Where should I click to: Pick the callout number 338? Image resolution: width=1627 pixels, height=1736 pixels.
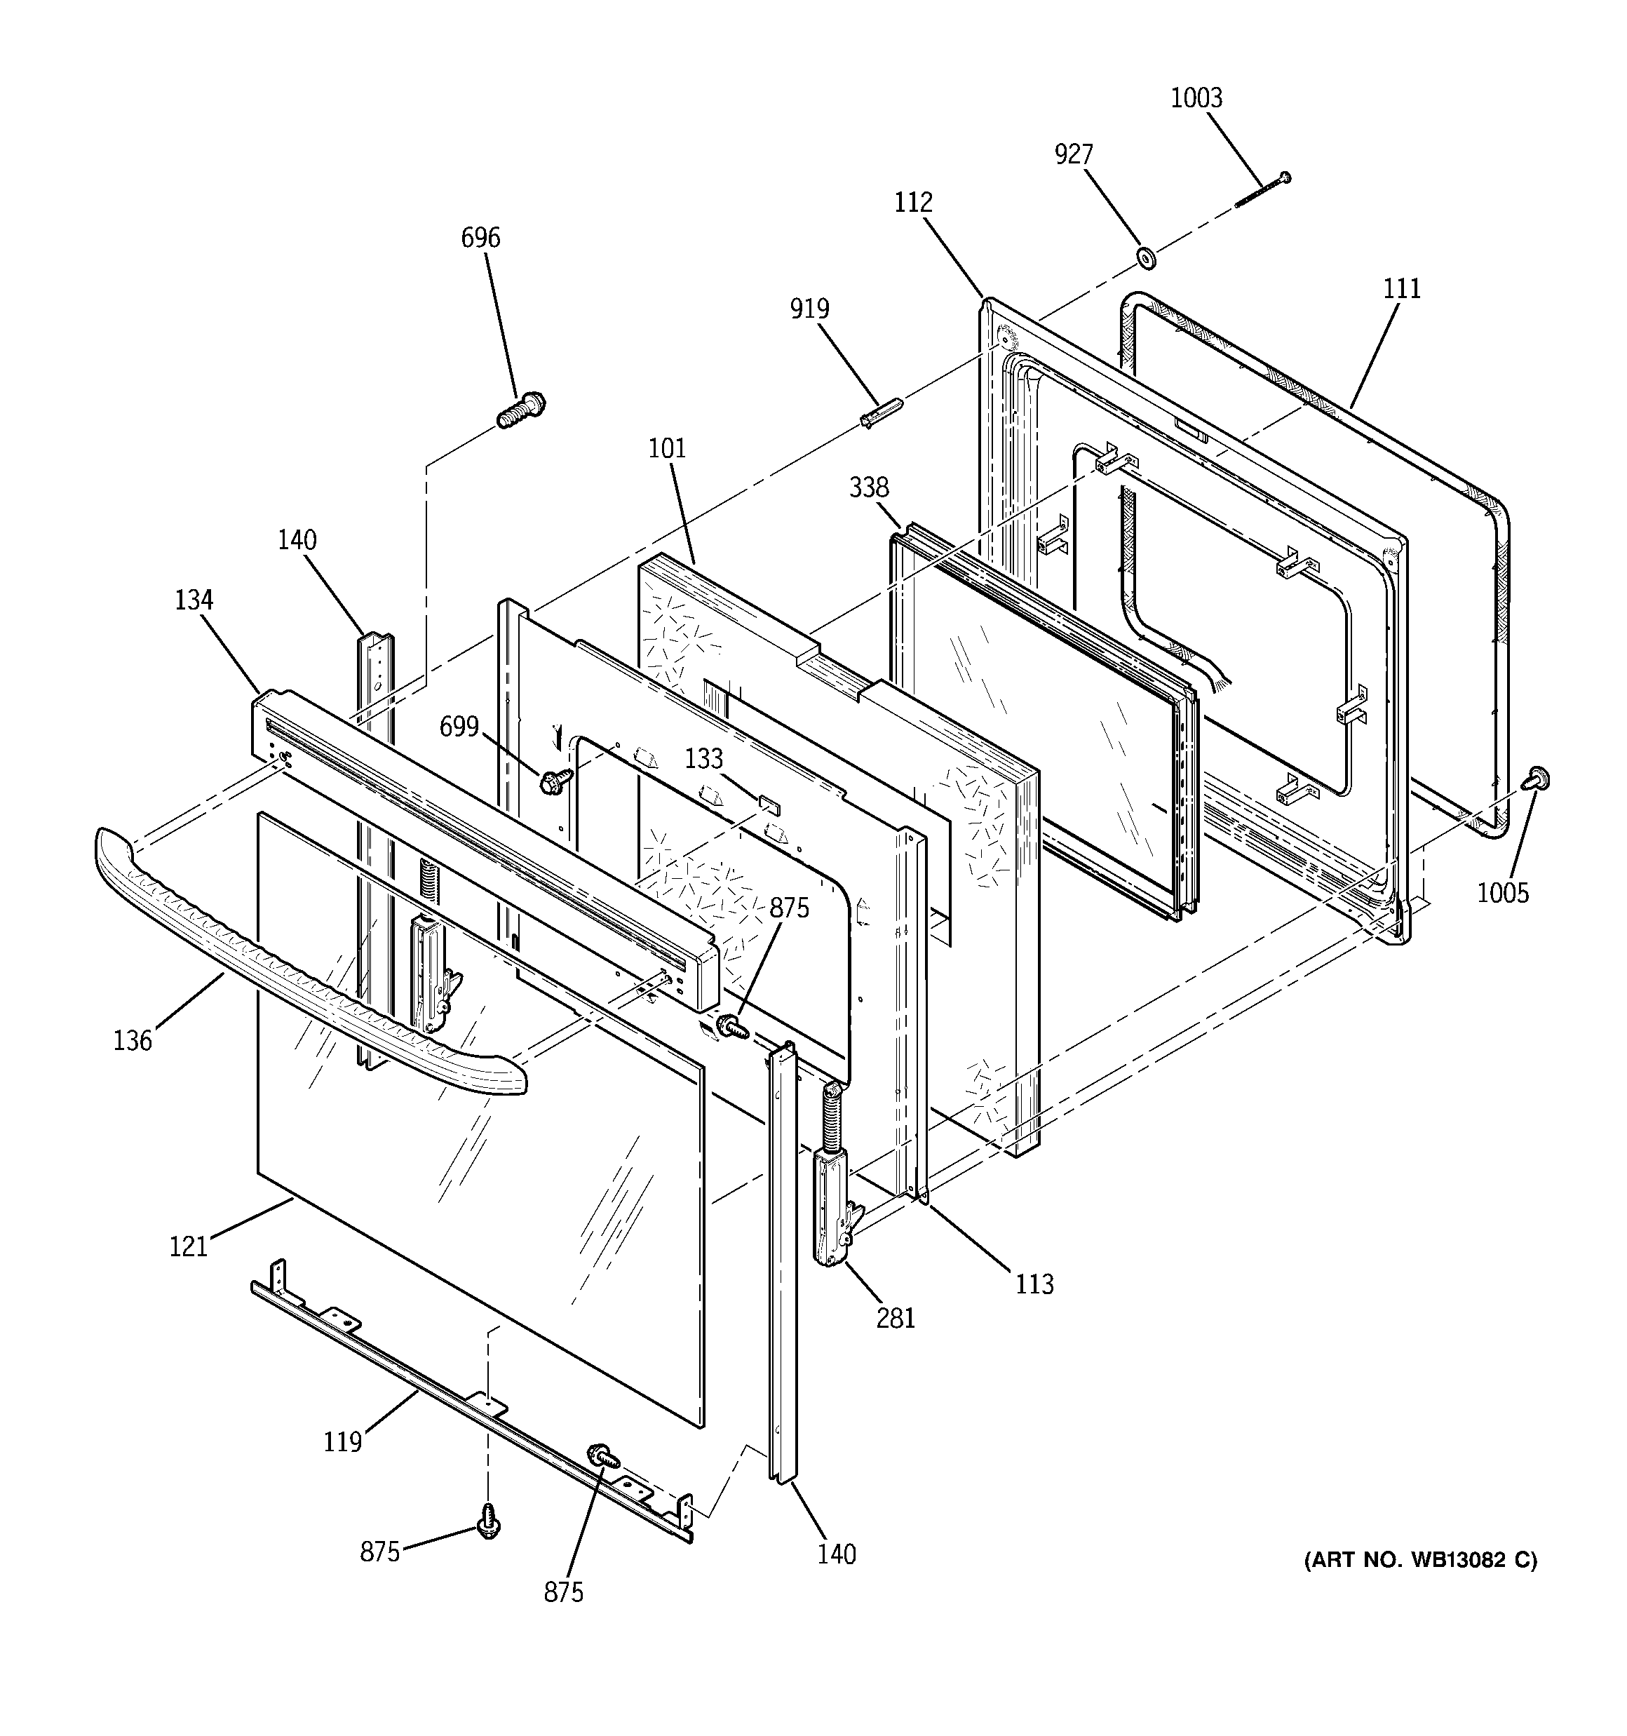(x=869, y=487)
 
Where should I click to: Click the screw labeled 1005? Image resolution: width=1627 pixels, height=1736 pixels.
(x=1536, y=778)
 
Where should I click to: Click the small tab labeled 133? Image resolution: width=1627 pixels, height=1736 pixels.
(x=769, y=801)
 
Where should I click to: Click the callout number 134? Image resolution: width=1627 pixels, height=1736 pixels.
(x=193, y=600)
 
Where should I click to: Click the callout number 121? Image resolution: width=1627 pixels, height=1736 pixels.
(x=188, y=1246)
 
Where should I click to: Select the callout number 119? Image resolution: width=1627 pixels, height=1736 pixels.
(x=342, y=1441)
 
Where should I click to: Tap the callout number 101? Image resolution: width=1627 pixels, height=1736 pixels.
(x=667, y=448)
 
